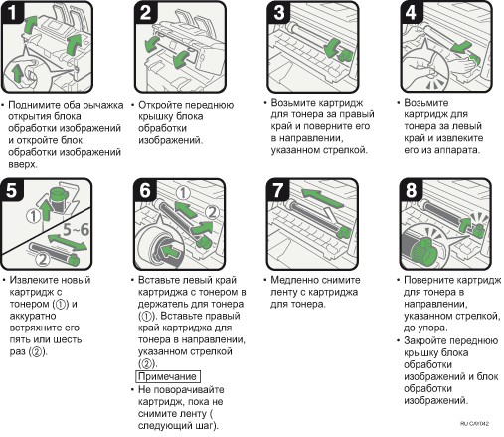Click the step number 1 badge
(x=12, y=12)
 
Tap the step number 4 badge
(x=411, y=12)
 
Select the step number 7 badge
(x=277, y=190)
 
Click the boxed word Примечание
(x=168, y=376)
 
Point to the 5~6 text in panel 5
(x=76, y=229)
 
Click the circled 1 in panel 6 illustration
(x=183, y=193)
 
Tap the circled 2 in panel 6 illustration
(x=212, y=212)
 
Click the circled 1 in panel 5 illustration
(x=33, y=216)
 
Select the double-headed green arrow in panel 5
(x=68, y=242)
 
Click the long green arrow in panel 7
(x=322, y=198)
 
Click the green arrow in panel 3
(x=334, y=48)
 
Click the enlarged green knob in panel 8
(x=424, y=251)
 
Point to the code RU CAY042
(x=474, y=423)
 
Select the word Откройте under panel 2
(x=159, y=105)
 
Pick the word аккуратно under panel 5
(x=33, y=316)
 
